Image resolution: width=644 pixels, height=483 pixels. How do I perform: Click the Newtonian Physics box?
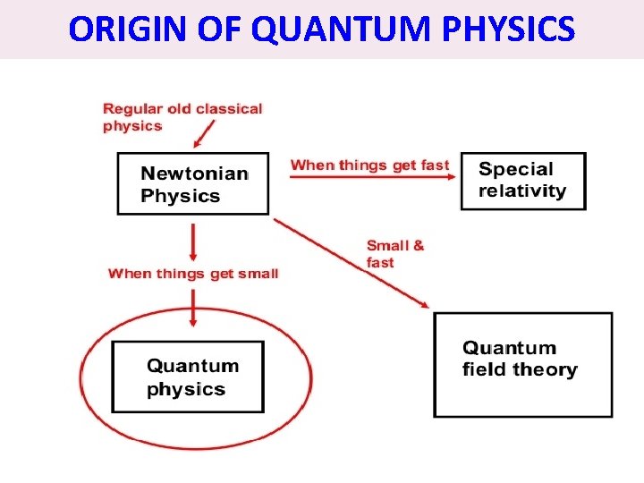[192, 183]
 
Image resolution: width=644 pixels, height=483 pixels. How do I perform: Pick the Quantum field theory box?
[523, 364]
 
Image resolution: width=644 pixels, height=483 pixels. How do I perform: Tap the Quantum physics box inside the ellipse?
[188, 377]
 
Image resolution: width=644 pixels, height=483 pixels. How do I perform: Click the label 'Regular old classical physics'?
[182, 117]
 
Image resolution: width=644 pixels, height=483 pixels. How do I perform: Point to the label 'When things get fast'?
[369, 165]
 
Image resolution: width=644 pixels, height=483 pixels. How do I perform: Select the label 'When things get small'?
[193, 273]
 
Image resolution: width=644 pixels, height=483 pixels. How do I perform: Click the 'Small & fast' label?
[394, 253]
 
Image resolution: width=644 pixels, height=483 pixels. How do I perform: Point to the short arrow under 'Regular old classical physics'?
[205, 134]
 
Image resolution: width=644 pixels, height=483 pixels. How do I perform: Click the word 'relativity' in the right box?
[522, 191]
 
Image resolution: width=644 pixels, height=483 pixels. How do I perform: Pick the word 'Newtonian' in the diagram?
[194, 174]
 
